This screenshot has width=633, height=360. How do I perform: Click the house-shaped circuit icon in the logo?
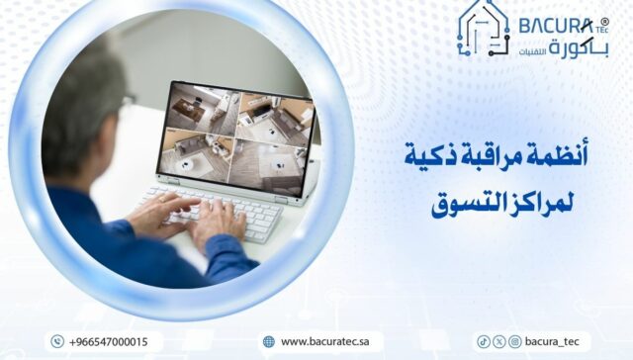coord(485,27)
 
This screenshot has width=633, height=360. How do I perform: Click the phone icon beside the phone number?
coord(56,341)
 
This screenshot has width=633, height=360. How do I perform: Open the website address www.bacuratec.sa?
coord(325,341)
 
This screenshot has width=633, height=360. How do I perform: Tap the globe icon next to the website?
coord(268,341)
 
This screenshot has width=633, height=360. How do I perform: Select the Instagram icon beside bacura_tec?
coord(514,341)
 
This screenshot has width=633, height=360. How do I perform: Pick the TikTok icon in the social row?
coord(484,341)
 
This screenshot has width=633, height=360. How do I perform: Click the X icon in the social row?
coord(498,341)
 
